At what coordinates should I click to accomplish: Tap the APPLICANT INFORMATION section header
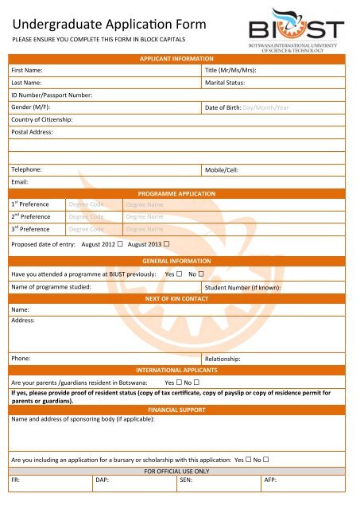176,60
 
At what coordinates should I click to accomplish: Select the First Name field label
27,71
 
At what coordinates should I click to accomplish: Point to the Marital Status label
230,82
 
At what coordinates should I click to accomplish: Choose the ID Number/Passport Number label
52,95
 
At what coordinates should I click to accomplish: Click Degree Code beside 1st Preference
86,204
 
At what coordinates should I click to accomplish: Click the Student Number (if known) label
244,288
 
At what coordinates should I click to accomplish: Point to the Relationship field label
228,360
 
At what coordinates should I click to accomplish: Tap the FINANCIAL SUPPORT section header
176,409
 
